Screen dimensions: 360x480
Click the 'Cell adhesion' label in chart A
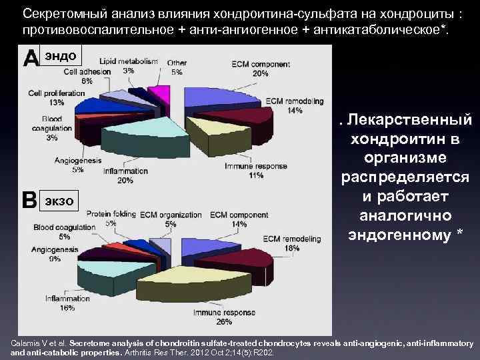83,72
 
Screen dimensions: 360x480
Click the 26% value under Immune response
224,322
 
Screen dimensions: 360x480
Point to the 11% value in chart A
255,175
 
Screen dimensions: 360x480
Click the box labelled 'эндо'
61,55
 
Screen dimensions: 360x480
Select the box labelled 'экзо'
61,200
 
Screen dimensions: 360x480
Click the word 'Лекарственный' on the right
410,122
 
